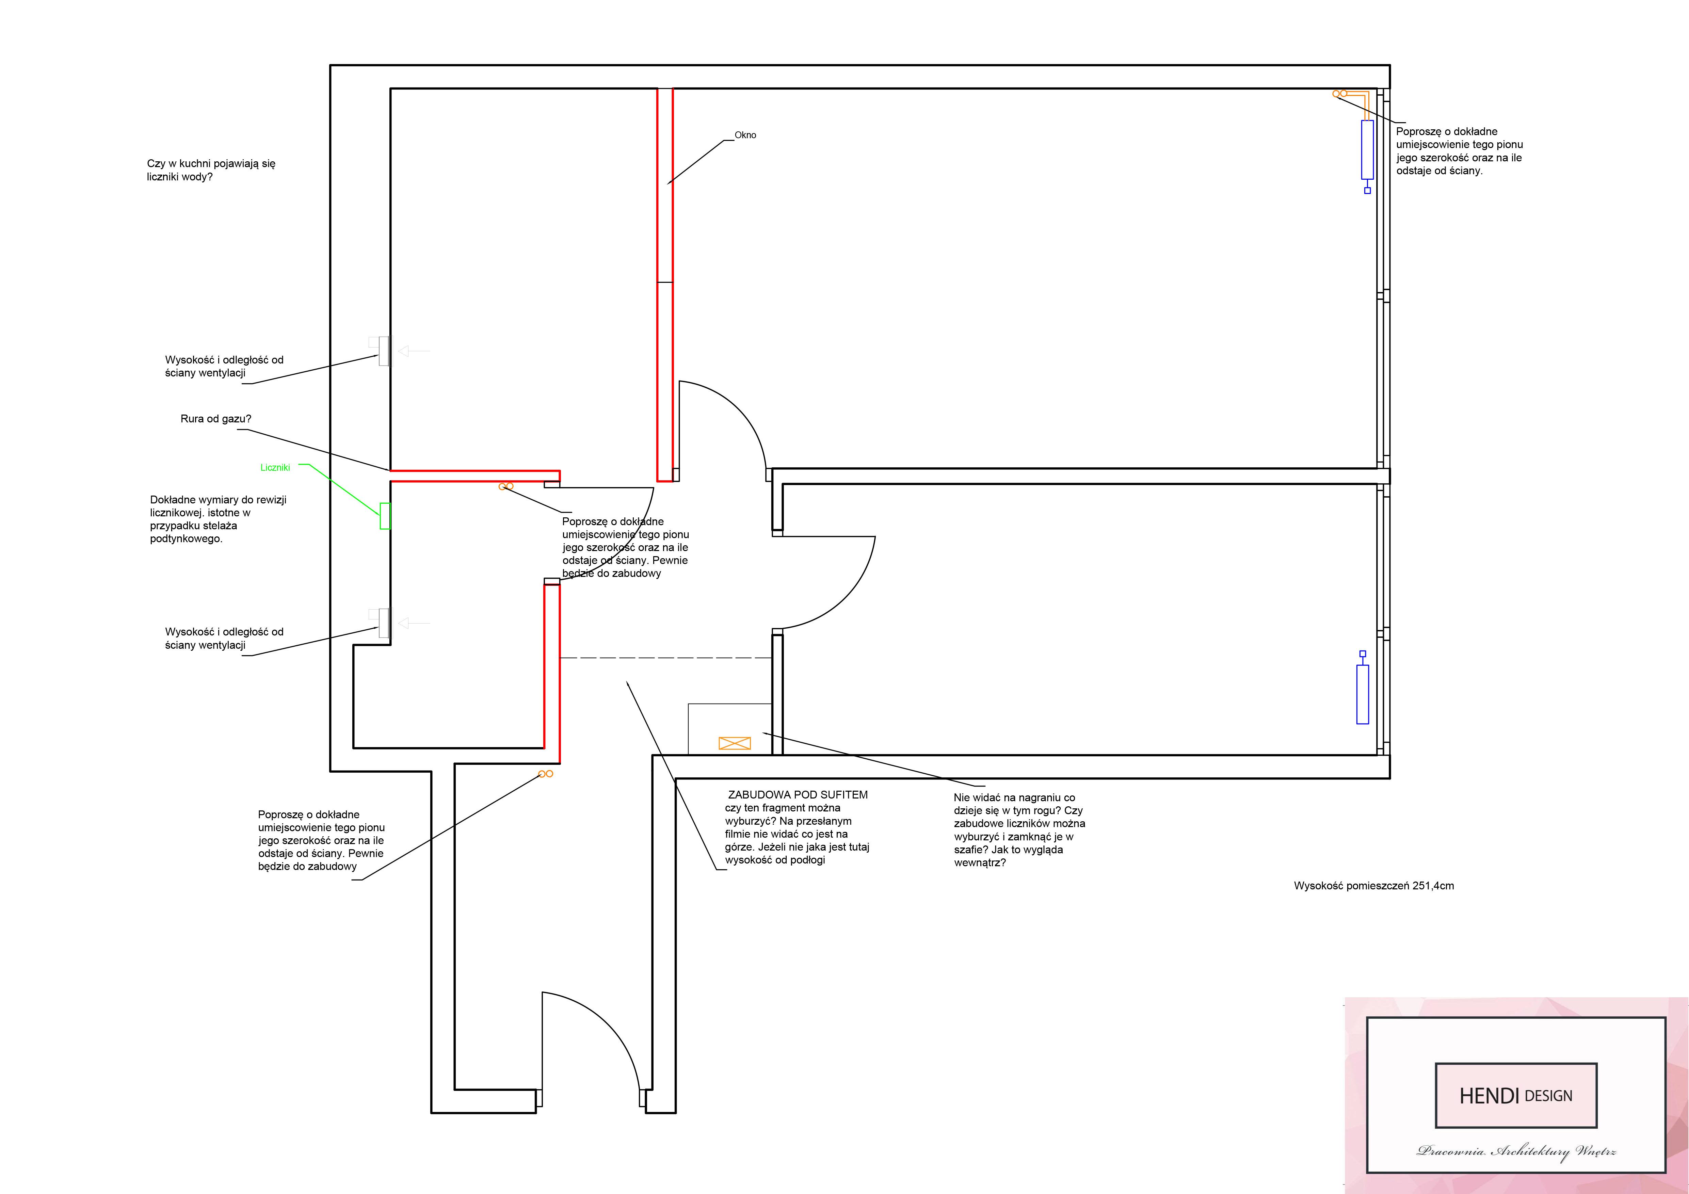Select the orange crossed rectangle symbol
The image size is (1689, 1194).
[734, 743]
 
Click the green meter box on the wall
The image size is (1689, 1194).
[385, 516]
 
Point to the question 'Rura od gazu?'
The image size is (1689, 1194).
[215, 419]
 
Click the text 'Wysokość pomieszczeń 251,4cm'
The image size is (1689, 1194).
[1373, 886]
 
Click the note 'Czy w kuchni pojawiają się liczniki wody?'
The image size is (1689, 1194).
[211, 170]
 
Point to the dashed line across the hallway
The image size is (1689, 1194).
[666, 658]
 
